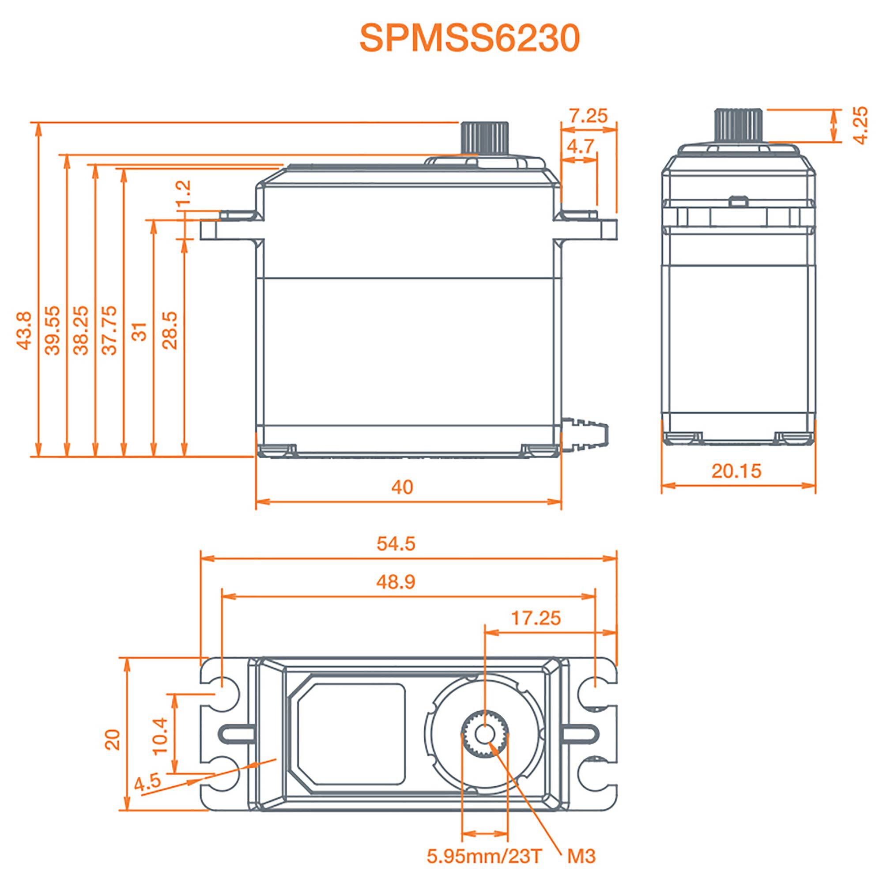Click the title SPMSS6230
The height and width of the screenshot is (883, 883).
click(469, 38)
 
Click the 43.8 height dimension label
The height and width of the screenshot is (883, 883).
click(24, 331)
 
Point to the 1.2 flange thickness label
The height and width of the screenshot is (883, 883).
click(184, 194)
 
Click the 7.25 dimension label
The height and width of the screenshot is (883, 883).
click(588, 116)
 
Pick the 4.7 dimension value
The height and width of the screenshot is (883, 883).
click(580, 147)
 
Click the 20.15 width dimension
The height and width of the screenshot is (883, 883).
click(736, 471)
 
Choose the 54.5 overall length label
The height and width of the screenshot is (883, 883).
click(396, 543)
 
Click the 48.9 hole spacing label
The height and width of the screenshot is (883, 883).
click(396, 582)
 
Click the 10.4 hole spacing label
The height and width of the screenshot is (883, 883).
click(160, 736)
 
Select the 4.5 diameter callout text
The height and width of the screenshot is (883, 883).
click(147, 781)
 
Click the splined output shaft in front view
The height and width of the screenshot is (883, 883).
click(485, 139)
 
